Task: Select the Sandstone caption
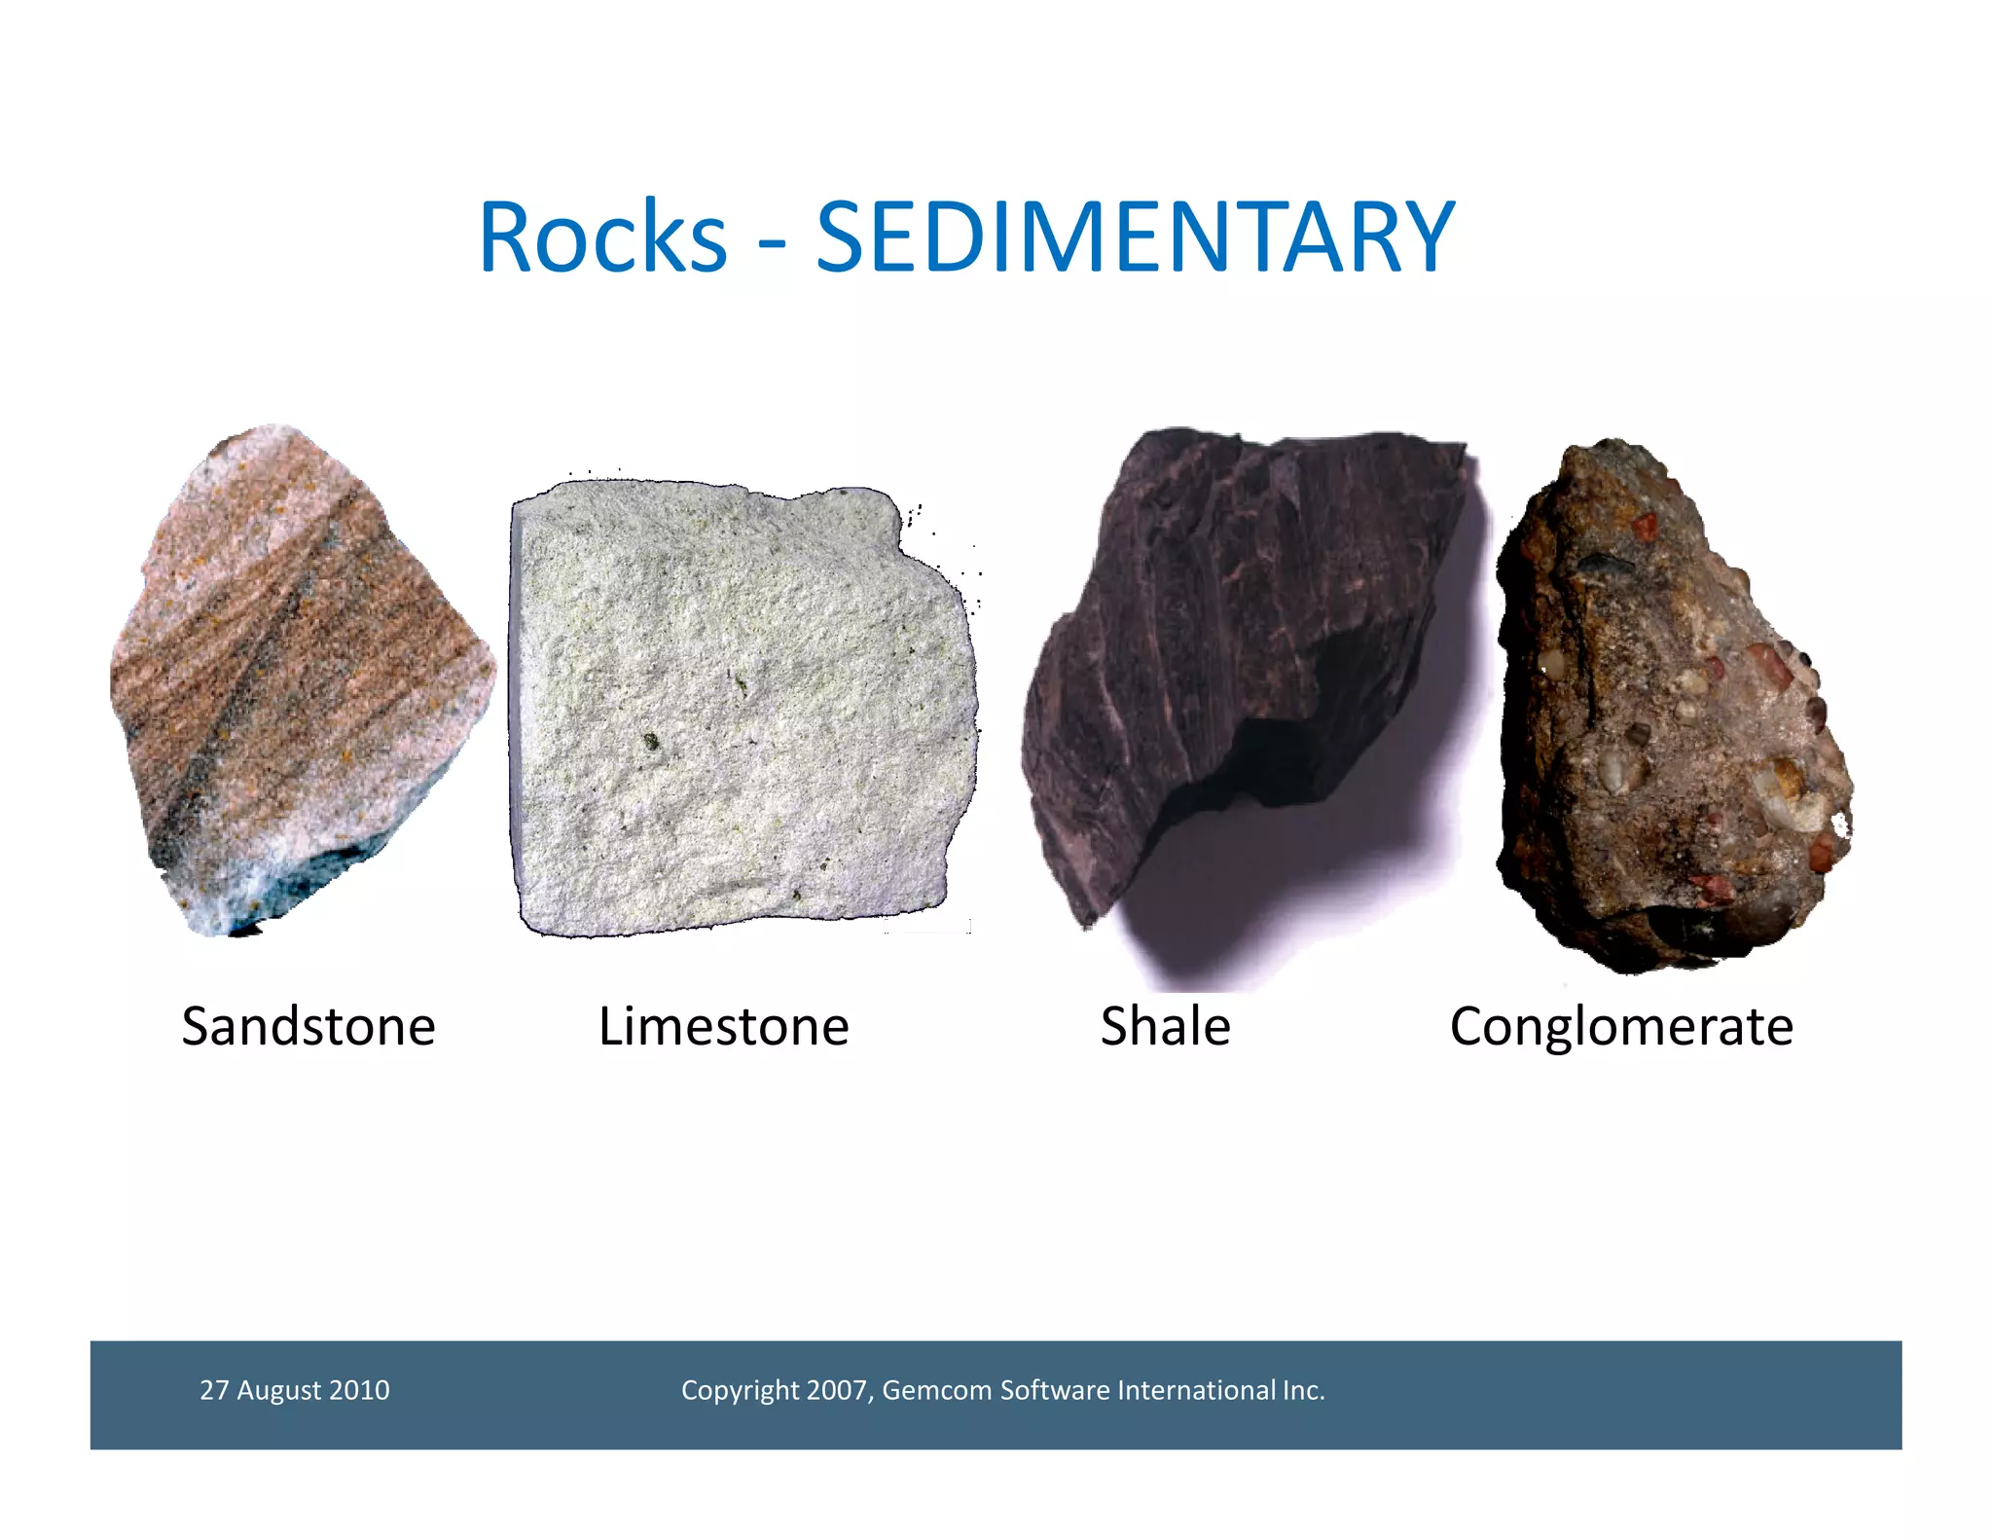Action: pos(308,1026)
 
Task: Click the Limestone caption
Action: pos(723,1026)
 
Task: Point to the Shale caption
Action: pos(1165,1026)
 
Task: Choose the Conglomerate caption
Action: pos(1621,1026)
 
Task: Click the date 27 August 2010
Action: pos(294,1390)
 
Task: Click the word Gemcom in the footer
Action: pos(936,1390)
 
